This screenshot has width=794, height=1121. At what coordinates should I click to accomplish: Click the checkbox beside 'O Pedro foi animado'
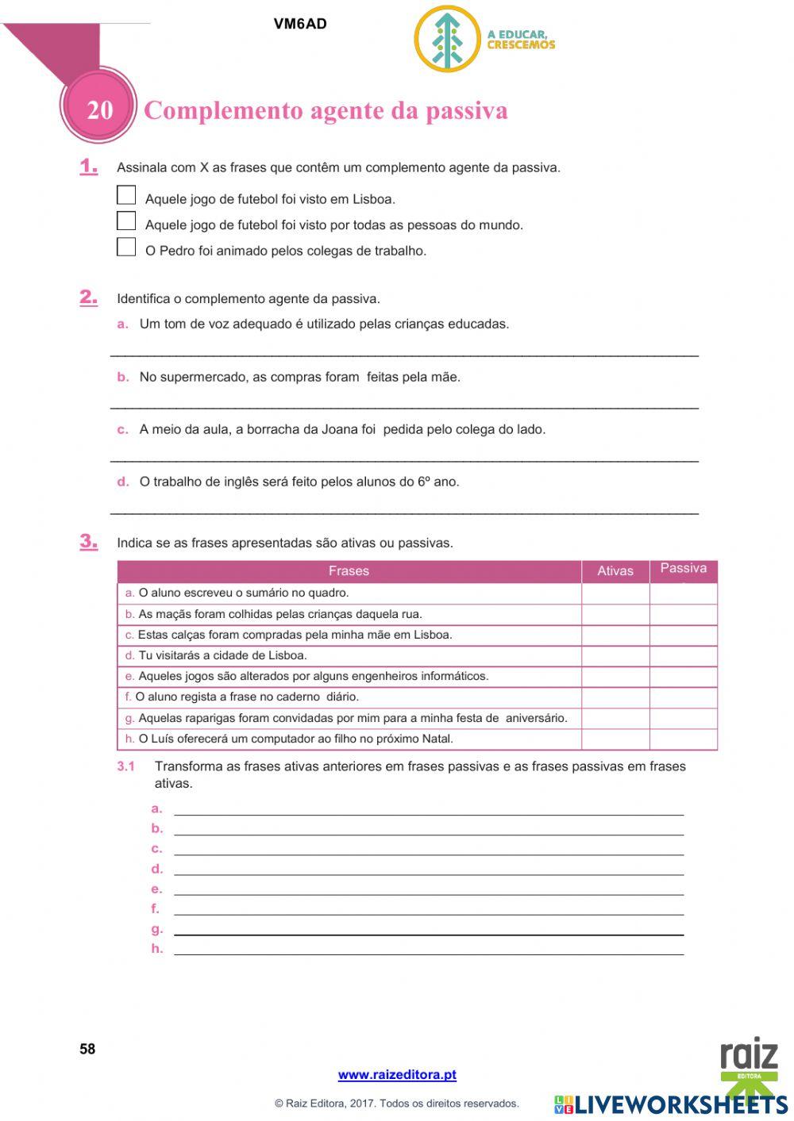126,247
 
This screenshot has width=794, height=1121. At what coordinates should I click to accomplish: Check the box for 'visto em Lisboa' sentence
126,194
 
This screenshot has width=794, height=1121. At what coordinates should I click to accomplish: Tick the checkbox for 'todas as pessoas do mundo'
126,221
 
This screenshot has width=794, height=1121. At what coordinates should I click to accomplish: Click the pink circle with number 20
99,109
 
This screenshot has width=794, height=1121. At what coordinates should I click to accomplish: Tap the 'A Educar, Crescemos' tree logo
448,39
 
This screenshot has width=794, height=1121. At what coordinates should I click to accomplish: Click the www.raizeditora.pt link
397,1075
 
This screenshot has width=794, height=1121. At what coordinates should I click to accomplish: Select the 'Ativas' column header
615,571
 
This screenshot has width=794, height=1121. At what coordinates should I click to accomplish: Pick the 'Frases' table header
349,571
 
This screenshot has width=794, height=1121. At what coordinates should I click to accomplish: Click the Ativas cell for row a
615,593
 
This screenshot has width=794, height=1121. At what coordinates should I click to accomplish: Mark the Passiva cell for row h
684,739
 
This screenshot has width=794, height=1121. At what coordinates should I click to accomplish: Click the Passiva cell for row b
684,614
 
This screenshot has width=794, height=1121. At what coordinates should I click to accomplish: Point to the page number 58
87,1049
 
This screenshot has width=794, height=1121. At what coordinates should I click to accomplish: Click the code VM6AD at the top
300,24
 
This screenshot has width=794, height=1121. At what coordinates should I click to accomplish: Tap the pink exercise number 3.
88,542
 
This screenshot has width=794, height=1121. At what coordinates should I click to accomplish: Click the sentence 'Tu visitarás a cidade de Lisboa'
222,655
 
